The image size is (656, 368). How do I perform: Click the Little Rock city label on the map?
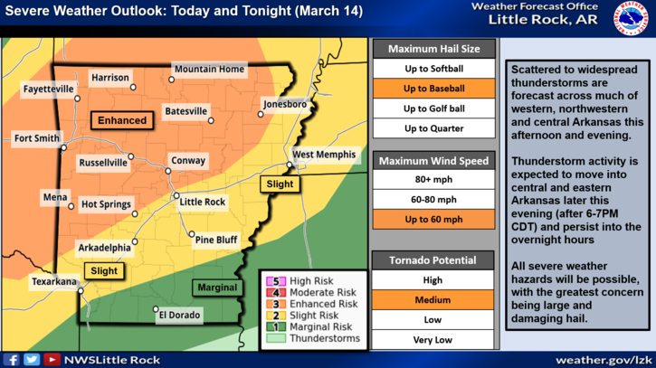(x=203, y=202)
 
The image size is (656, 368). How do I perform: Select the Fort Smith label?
(x=36, y=138)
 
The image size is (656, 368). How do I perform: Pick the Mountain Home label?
(x=209, y=70)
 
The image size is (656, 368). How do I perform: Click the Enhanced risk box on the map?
(x=122, y=120)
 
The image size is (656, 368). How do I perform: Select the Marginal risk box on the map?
(x=215, y=288)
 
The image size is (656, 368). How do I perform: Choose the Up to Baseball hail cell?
(x=433, y=89)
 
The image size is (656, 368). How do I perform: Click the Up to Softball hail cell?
(x=433, y=69)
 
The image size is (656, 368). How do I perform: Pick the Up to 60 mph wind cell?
(x=433, y=219)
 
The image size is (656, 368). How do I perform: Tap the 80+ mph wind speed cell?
(x=433, y=179)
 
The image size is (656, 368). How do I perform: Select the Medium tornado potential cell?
(x=433, y=299)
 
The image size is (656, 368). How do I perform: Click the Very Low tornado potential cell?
(x=433, y=339)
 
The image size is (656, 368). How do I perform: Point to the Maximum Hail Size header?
(x=433, y=49)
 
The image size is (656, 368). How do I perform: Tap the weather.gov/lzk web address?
(x=601, y=359)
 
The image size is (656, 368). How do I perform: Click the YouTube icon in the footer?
(x=52, y=359)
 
